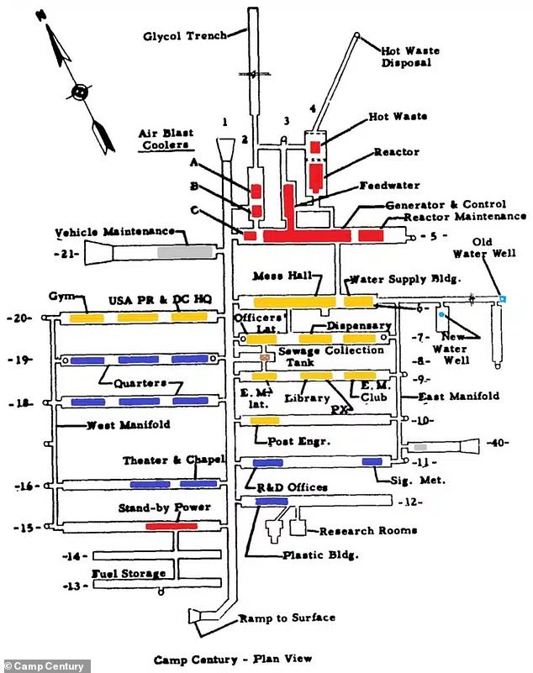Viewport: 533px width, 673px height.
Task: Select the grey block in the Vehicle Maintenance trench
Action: click(x=185, y=250)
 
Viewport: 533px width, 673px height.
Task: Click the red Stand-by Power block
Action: click(x=171, y=526)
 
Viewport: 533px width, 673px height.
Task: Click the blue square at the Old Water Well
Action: click(x=502, y=298)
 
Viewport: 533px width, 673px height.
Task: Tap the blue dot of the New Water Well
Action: click(x=441, y=314)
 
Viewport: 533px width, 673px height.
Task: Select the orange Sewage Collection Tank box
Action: click(x=266, y=357)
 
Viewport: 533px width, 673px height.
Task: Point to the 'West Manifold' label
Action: click(x=128, y=425)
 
